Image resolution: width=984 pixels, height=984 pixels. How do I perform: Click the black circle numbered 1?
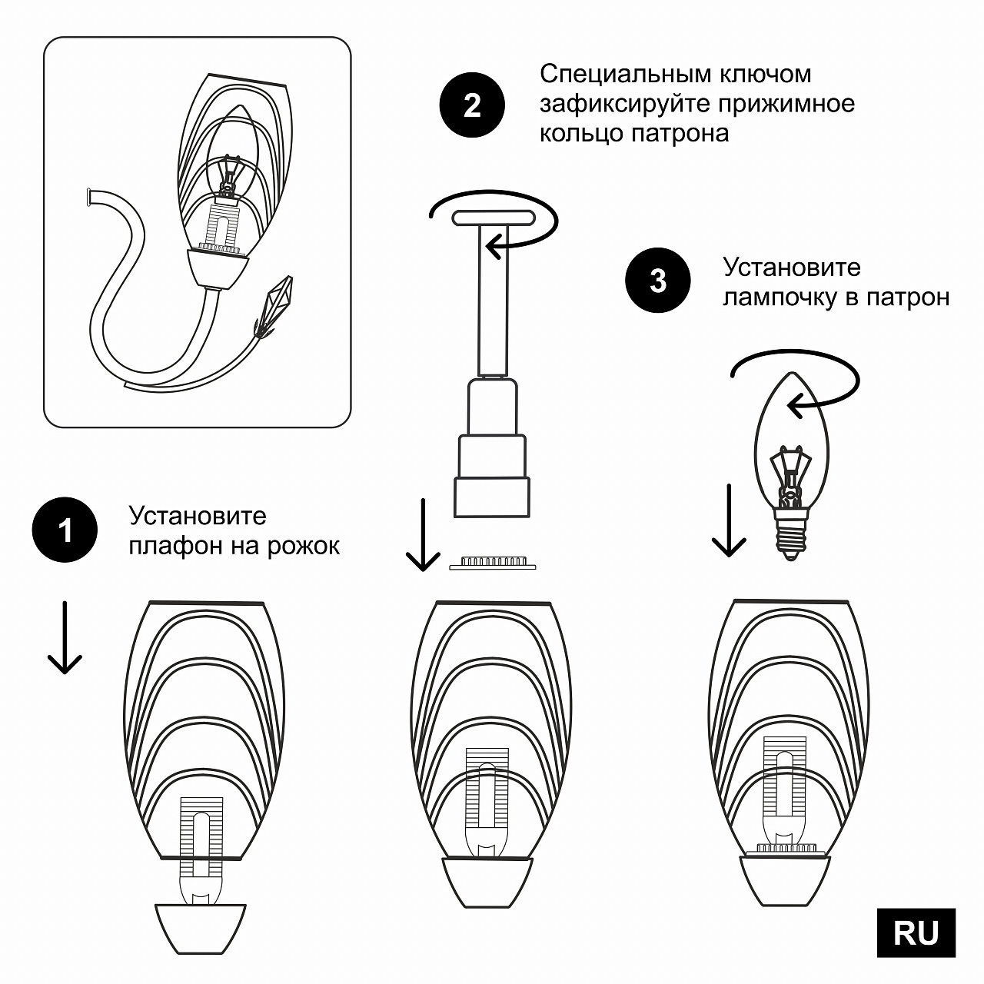tap(65, 530)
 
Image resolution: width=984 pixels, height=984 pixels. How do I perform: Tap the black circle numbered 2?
tap(472, 105)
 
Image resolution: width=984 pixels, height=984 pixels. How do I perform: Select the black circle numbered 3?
tap(658, 281)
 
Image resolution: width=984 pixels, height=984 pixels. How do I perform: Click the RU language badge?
tap(916, 932)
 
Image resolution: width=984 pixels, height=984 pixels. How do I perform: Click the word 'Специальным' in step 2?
tap(625, 74)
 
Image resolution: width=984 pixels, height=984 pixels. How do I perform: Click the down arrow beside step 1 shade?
tap(65, 638)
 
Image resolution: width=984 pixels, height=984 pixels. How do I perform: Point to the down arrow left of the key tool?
tap(422, 535)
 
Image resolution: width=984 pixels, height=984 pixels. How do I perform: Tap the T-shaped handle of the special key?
tap(493, 218)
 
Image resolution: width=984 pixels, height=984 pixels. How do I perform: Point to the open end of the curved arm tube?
tap(91, 197)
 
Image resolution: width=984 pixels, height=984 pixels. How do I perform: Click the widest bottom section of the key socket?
tap(492, 497)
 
